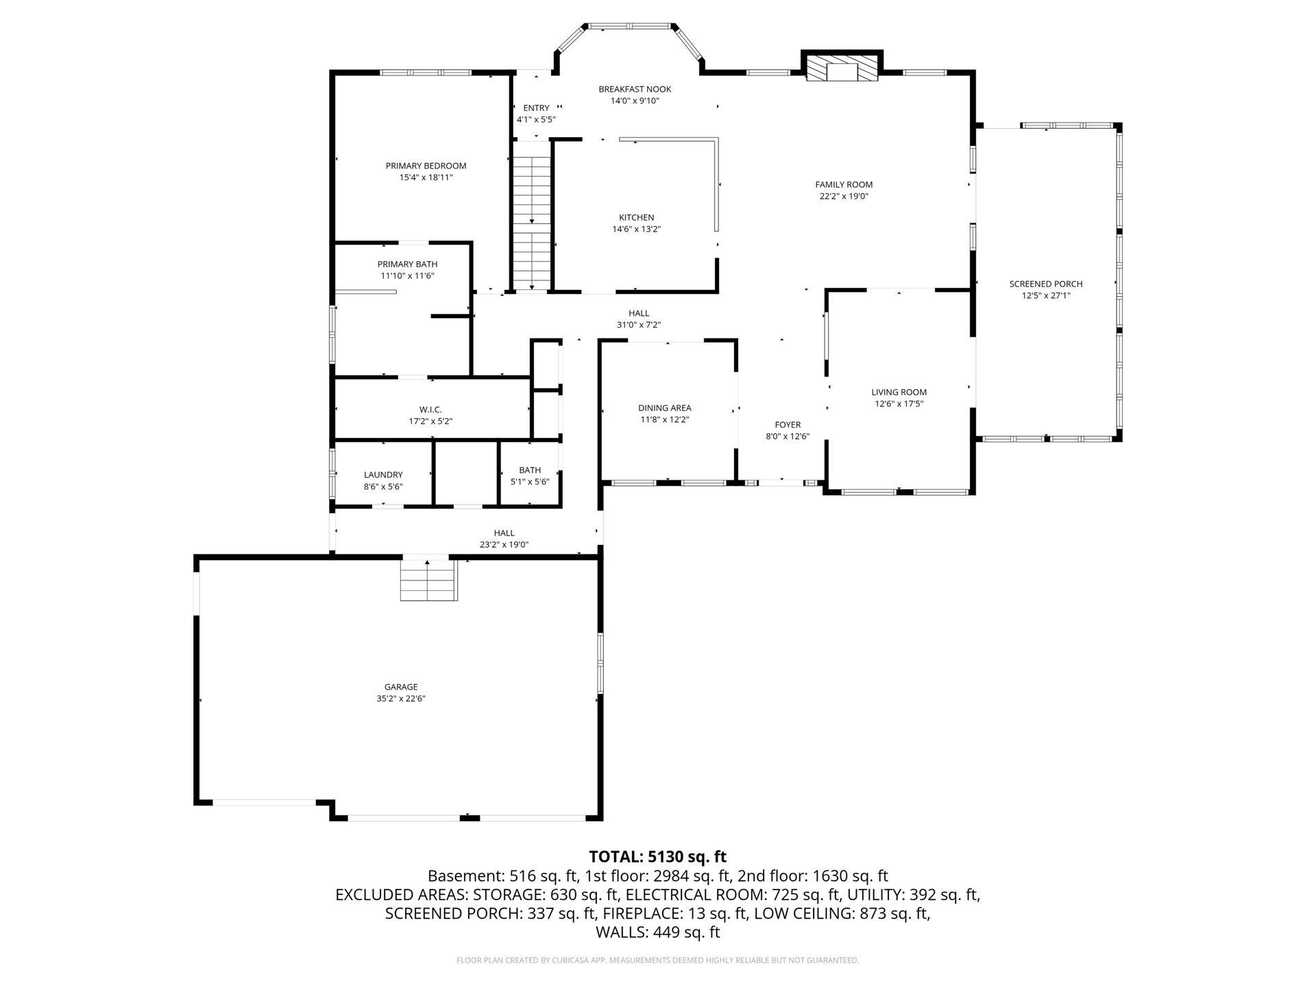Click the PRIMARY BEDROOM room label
pyautogui.click(x=426, y=166)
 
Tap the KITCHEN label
pyautogui.click(x=636, y=218)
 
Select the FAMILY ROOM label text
pyautogui.click(x=844, y=184)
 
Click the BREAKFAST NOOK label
pyautogui.click(x=635, y=89)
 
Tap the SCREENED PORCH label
pyautogui.click(x=1046, y=284)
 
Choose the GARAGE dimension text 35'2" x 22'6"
pyautogui.click(x=401, y=699)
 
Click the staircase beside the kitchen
pyautogui.click(x=533, y=223)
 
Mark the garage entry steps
pyautogui.click(x=428, y=580)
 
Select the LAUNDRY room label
pyautogui.click(x=383, y=475)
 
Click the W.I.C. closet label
pyautogui.click(x=430, y=410)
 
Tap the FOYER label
pyautogui.click(x=788, y=425)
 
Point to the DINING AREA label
pyautogui.click(x=664, y=408)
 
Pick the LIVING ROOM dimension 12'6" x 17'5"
pyautogui.click(x=899, y=404)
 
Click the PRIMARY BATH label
pyautogui.click(x=407, y=265)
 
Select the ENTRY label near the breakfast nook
pyautogui.click(x=536, y=108)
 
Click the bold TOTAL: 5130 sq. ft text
pyautogui.click(x=658, y=857)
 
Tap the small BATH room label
pyautogui.click(x=530, y=470)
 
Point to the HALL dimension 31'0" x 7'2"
pyautogui.click(x=639, y=326)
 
